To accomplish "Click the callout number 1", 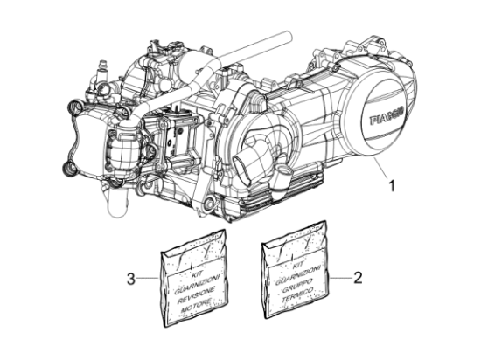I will click(392, 185).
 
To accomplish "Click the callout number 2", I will click(357, 279).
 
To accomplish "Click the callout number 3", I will click(130, 280).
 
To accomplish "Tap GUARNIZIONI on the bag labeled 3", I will click(196, 280).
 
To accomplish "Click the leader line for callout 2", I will click(338, 279).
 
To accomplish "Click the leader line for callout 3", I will click(149, 280).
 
